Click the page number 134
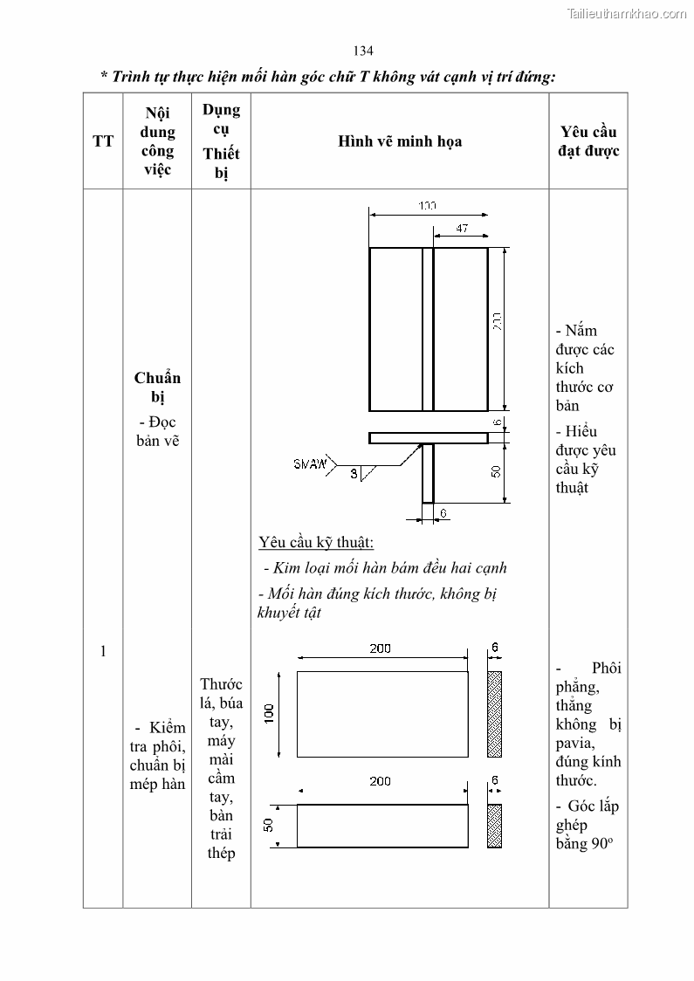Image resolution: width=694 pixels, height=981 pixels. point(364,51)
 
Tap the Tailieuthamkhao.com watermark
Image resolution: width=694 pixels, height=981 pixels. point(627,13)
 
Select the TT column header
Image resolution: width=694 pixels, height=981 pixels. point(103,141)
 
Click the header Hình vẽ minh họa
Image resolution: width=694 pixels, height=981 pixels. point(400,141)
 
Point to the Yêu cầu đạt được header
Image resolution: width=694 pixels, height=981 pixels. point(588,141)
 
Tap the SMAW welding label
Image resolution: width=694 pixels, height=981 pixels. point(310,463)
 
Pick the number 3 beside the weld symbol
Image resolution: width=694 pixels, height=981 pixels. point(354,474)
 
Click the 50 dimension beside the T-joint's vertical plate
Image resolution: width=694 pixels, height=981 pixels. point(496,471)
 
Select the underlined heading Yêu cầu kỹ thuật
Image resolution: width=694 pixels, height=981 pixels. point(316,543)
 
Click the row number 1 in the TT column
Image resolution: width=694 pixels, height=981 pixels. point(103,651)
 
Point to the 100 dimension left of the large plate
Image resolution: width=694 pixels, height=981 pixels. point(270,714)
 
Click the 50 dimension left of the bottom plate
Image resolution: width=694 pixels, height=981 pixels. point(270,824)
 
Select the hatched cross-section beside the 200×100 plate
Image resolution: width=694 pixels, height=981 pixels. point(494,714)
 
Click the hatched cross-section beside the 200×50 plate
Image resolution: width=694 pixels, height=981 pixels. point(494,826)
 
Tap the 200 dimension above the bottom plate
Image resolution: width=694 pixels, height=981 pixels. point(380,781)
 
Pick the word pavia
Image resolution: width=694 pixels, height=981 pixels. point(575,743)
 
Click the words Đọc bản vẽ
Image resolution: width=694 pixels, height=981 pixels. point(157,431)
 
